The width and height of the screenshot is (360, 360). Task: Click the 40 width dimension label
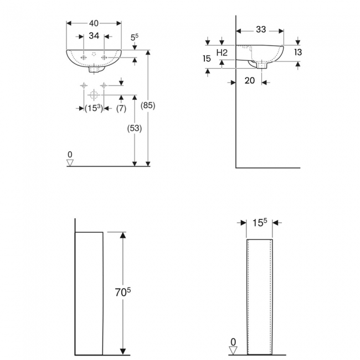click(x=94, y=24)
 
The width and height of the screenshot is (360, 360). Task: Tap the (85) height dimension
click(x=148, y=105)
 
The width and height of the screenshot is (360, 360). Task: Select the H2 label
click(x=222, y=52)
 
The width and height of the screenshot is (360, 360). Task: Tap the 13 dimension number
click(x=298, y=52)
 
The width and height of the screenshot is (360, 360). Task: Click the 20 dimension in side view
click(x=249, y=81)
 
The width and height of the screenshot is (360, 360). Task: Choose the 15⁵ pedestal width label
click(x=260, y=223)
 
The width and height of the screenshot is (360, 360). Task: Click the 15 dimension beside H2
click(x=207, y=58)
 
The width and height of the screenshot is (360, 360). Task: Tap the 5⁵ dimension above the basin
click(x=134, y=38)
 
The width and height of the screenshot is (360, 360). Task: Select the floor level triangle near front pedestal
click(x=233, y=350)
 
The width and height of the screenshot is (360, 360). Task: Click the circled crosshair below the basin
click(x=93, y=93)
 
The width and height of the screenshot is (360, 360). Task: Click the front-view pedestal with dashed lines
click(x=259, y=296)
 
